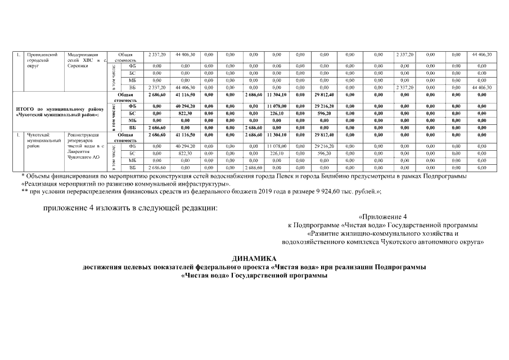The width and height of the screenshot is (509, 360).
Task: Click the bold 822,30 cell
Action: [185, 112]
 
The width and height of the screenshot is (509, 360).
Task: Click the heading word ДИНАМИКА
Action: [254, 259]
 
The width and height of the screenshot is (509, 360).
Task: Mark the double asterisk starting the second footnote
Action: [24, 191]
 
